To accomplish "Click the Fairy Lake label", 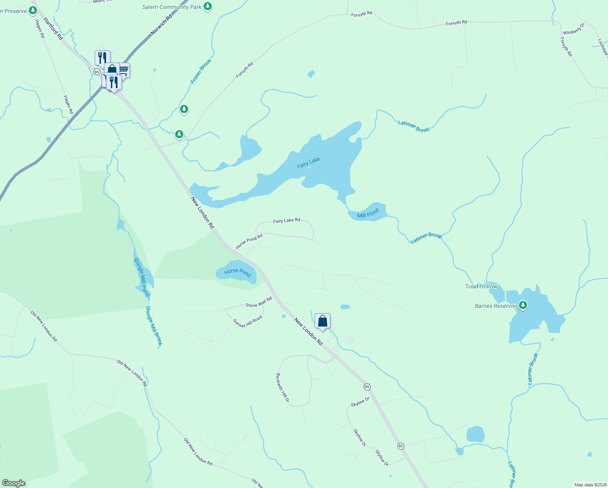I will click(x=308, y=163).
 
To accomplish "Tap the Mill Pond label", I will click(x=368, y=213).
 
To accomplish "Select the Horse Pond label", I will click(x=238, y=272).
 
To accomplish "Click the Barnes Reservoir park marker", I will click(x=523, y=305).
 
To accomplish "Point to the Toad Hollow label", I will click(x=481, y=286).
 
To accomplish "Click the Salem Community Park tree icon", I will click(x=208, y=7).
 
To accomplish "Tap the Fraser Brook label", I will click(x=201, y=72).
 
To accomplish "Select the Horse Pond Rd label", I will click(x=249, y=241).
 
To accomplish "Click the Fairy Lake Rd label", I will click(x=287, y=220).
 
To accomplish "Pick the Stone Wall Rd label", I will click(x=259, y=302).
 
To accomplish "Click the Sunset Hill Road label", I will click(x=248, y=321).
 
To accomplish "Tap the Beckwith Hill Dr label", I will click(x=282, y=388).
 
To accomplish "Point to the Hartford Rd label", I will click(x=53, y=28).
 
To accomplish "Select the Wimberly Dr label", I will click(x=573, y=29).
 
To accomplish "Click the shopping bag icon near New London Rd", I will click(x=322, y=321).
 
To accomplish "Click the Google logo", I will click(x=14, y=483).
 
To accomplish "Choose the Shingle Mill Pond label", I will click(x=141, y=277).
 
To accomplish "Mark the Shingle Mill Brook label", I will click(x=154, y=326).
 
